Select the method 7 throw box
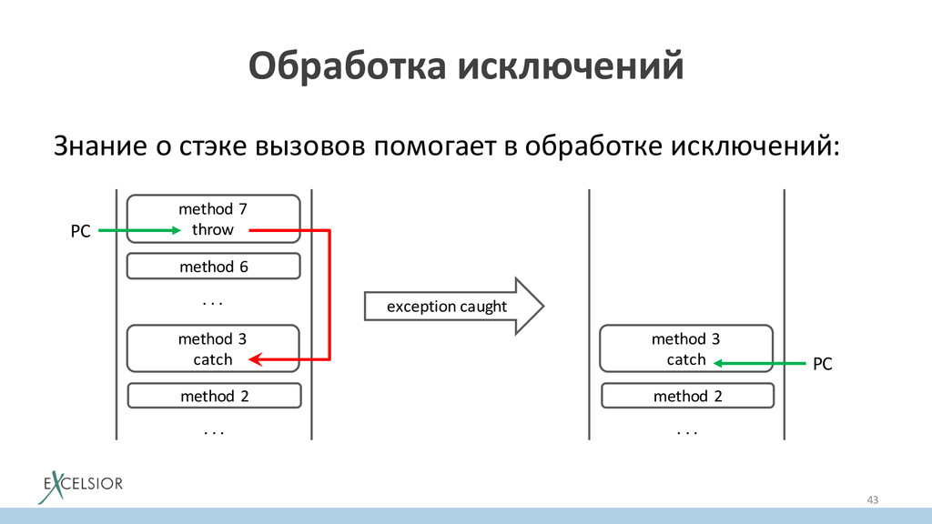tap(213, 218)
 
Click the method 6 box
tap(213, 267)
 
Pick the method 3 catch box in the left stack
tap(213, 348)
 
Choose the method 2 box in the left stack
tap(213, 396)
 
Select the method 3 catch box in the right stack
tap(686, 348)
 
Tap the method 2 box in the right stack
tap(686, 396)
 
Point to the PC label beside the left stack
tap(81, 232)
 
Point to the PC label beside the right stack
tap(822, 364)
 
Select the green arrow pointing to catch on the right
tap(759, 363)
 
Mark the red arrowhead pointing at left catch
tap(257, 360)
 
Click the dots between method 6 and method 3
tap(213, 299)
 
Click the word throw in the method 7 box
tap(213, 229)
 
